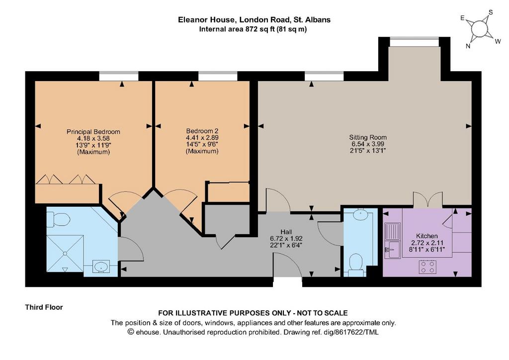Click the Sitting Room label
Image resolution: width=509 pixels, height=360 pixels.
(x=368, y=137)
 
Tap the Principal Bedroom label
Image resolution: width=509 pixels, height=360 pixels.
(x=93, y=132)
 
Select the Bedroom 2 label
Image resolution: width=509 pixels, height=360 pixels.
(x=202, y=131)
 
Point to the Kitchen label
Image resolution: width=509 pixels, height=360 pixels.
(x=427, y=236)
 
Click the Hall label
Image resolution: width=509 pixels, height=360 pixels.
(x=286, y=232)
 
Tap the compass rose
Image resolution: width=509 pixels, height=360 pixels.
(x=480, y=28)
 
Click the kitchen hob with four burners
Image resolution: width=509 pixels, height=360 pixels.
(x=427, y=267)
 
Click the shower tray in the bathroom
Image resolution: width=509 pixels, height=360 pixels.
(x=65, y=254)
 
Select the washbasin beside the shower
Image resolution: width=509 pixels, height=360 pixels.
(x=101, y=267)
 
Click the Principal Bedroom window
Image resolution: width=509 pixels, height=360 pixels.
(x=119, y=76)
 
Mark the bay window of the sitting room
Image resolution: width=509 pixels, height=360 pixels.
(x=414, y=42)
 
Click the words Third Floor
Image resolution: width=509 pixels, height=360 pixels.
(x=44, y=307)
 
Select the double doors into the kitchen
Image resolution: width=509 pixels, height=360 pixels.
(x=428, y=199)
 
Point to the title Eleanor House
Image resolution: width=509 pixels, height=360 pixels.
(x=207, y=20)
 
